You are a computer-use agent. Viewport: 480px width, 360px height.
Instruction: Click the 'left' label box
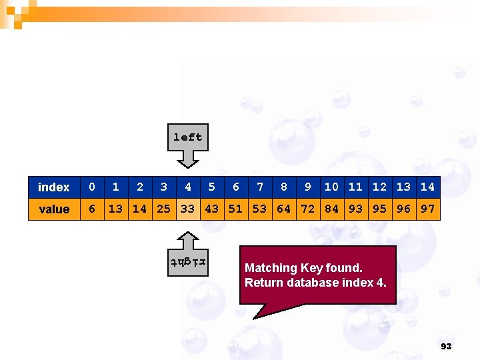[x=187, y=137]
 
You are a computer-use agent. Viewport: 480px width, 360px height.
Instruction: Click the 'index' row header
[x=54, y=187]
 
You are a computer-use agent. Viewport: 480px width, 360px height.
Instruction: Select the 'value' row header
[x=54, y=209]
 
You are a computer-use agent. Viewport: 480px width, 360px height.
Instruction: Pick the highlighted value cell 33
[x=187, y=209]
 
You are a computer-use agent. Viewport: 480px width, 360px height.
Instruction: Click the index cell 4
[x=188, y=187]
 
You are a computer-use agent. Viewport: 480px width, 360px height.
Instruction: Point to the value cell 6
[x=92, y=209]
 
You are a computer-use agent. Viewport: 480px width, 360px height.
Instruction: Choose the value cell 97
[x=427, y=209]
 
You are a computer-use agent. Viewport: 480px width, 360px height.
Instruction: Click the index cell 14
[x=427, y=187]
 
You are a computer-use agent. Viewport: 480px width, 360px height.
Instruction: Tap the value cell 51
[x=235, y=209]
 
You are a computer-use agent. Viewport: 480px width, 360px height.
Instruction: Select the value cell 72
[x=307, y=209]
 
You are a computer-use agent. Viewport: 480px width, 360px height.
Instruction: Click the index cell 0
[x=92, y=187]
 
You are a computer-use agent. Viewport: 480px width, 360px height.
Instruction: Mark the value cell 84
[x=331, y=209]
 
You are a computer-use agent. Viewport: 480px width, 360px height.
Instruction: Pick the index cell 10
[x=331, y=187]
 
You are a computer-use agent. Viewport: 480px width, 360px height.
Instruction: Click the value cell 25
[x=163, y=209]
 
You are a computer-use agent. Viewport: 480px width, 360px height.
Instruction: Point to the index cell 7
[x=260, y=187]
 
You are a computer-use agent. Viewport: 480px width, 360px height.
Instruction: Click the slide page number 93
[x=446, y=347]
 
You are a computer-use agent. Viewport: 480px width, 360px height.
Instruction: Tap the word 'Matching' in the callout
[x=271, y=268]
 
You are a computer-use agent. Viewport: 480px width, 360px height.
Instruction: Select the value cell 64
[x=283, y=209]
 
